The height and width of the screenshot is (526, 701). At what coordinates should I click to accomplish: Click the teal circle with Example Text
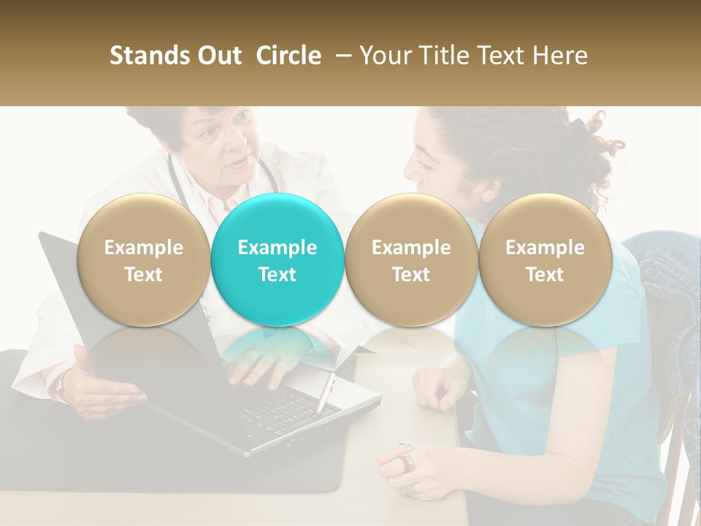click(x=277, y=260)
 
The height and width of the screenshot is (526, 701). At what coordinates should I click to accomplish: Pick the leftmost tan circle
click(x=143, y=260)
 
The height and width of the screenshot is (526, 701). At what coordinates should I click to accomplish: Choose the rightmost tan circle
click(x=545, y=260)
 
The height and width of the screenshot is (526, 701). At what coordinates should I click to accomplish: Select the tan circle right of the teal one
click(x=411, y=260)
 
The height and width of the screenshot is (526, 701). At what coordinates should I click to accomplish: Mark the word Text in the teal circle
click(x=277, y=275)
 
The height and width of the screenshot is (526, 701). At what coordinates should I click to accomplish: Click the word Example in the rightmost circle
click(x=545, y=248)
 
